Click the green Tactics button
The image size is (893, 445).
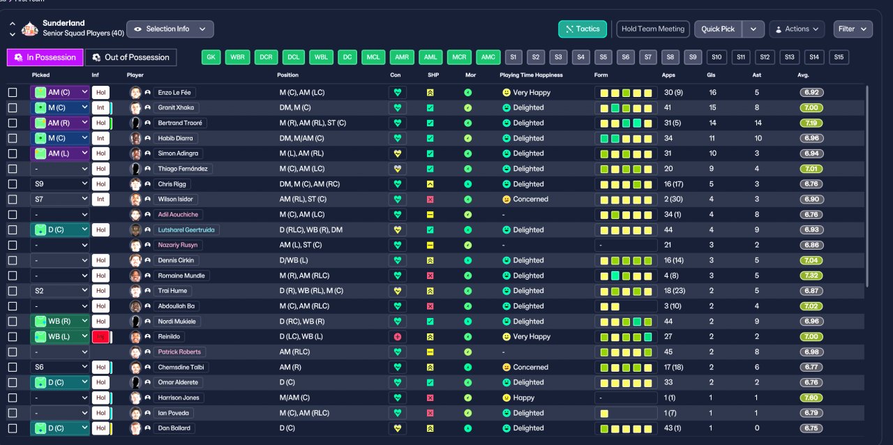click(583, 29)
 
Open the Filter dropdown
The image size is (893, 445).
click(853, 29)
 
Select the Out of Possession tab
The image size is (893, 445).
click(131, 57)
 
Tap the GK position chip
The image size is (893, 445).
click(211, 57)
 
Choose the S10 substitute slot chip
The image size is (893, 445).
click(716, 57)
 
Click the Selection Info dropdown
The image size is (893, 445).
click(170, 29)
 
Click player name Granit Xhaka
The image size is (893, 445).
click(176, 107)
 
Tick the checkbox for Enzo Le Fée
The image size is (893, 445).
click(13, 93)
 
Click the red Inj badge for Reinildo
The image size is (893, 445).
click(100, 337)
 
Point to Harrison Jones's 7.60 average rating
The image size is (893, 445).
click(811, 398)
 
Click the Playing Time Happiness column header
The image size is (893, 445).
click(531, 75)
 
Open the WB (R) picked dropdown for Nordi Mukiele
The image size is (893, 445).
click(60, 322)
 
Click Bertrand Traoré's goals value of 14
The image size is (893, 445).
click(712, 123)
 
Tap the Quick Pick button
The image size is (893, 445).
click(718, 29)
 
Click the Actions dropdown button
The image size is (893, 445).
click(797, 29)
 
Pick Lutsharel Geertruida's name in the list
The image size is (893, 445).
click(186, 230)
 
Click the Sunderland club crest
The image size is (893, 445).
click(29, 29)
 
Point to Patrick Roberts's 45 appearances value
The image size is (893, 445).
click(668, 352)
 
